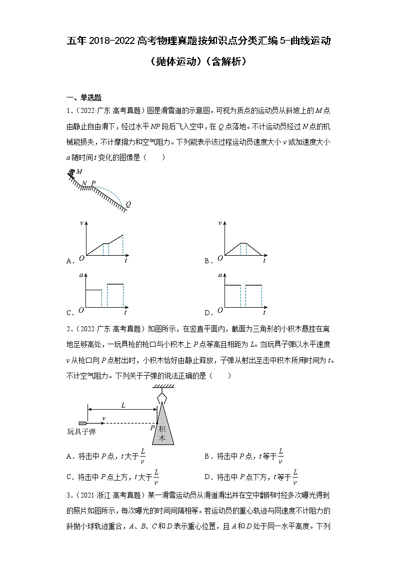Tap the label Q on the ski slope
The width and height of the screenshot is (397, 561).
point(128,204)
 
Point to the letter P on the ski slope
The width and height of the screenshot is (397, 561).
point(93,183)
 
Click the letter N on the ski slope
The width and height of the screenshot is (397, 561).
point(84,183)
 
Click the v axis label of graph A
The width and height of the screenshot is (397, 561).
point(80,223)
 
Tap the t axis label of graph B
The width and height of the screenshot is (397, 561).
point(264,261)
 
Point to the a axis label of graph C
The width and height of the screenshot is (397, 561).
point(80,276)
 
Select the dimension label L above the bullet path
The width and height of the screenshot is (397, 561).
point(123,405)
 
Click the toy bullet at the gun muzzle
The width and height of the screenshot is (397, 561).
point(83,423)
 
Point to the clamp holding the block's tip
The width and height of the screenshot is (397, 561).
point(160,397)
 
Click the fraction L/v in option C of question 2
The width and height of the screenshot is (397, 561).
point(156,477)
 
